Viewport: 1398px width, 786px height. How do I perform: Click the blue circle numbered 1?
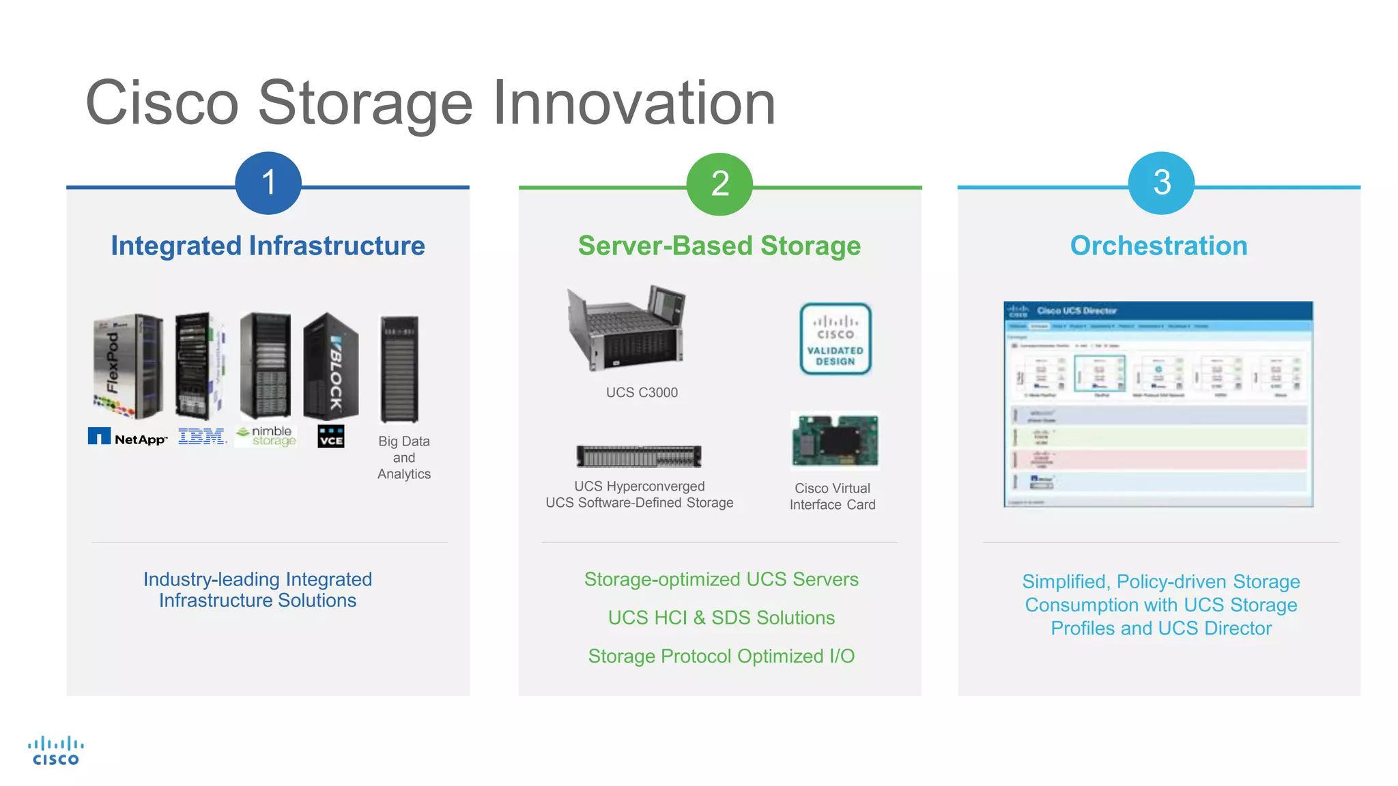pos(268,183)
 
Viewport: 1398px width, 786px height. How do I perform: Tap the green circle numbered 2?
pos(719,184)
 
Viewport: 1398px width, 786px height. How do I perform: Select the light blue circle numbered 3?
pos(1161,183)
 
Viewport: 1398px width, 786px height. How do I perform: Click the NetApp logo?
pos(128,437)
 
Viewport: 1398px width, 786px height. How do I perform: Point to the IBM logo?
pos(202,437)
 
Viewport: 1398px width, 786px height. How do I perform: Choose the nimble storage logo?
pos(266,436)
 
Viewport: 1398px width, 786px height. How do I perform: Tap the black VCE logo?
pos(331,437)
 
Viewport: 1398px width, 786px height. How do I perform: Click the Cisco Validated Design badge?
pos(836,339)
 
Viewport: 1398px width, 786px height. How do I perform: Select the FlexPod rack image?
pos(128,366)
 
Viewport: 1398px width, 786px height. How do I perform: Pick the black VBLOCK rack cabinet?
pos(331,366)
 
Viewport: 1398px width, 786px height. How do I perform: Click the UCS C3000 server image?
pos(627,327)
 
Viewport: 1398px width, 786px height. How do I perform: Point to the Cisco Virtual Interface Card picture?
pos(834,441)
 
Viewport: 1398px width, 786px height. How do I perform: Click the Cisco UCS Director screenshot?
pos(1158,404)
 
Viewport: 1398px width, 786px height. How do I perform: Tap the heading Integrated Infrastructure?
pos(268,246)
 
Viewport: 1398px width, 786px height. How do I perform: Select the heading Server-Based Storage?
pos(719,246)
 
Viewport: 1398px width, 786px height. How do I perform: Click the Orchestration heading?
pos(1158,246)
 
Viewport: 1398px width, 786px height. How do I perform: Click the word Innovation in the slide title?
pos(634,103)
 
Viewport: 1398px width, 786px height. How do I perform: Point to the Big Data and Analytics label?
pos(404,458)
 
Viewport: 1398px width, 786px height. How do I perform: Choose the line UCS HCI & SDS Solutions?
pos(721,617)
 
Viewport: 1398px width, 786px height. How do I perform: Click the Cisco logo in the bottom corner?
pos(56,751)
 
